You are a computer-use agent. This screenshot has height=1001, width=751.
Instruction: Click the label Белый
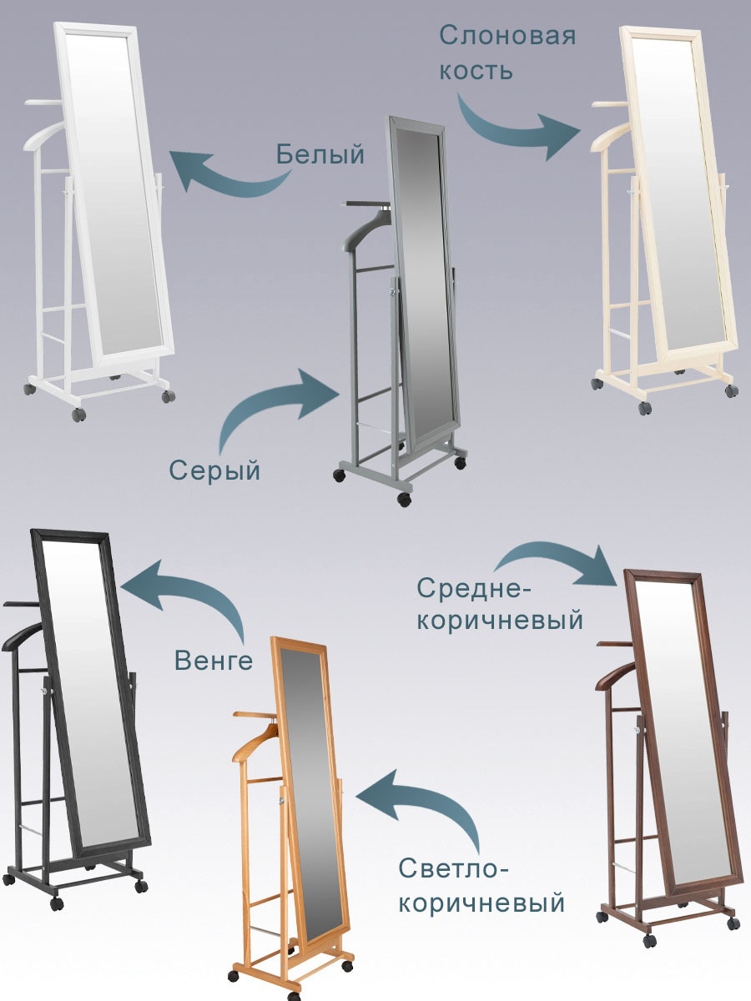[320, 154]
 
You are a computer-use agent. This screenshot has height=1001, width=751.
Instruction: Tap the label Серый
[215, 470]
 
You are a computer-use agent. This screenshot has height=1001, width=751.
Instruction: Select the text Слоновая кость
[508, 52]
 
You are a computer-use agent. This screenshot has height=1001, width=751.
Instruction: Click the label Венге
[213, 661]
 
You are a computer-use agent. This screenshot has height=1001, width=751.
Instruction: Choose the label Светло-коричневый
[481, 886]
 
